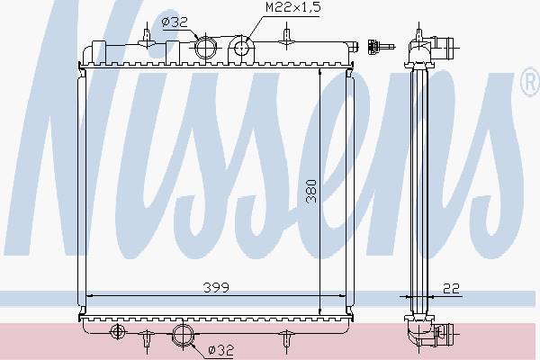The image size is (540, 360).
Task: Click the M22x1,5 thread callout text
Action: pyautogui.click(x=293, y=7)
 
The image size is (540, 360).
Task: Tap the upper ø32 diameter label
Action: pyautogui.click(x=175, y=22)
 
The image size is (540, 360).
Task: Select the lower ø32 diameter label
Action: pyautogui.click(x=221, y=350)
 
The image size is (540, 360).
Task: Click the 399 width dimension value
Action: pyautogui.click(x=216, y=287)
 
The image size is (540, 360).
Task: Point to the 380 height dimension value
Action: pyautogui.click(x=311, y=191)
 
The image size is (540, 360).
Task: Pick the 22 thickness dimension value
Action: pyautogui.click(x=451, y=289)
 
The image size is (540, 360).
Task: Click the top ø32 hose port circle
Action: pyautogui.click(x=205, y=48)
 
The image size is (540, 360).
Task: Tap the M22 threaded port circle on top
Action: pyautogui.click(x=242, y=48)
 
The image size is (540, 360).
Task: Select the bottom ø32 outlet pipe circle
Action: pyautogui.click(x=183, y=335)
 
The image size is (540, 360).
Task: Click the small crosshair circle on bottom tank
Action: pyautogui.click(x=117, y=332)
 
